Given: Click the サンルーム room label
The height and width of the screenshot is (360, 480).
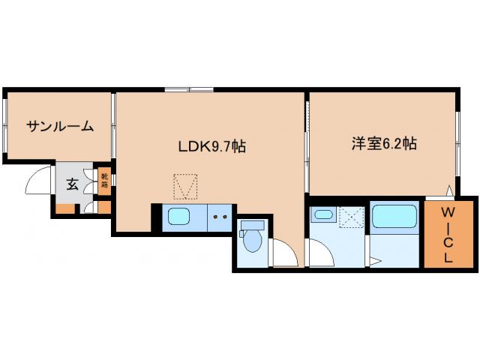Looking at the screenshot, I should coord(60,126).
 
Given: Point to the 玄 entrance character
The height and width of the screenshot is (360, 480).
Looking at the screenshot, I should coord(71,184).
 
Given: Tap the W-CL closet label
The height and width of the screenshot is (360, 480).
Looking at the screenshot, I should coord(448,235).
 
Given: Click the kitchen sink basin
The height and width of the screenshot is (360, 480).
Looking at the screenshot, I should coord(180,217).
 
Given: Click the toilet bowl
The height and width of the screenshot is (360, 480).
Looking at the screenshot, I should coord(252,241).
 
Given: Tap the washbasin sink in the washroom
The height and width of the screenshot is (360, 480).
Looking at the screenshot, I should coord(323,216).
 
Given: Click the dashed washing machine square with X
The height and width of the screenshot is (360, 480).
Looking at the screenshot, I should coord(349,217).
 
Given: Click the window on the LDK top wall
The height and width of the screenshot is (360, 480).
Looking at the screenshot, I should coord(189,91).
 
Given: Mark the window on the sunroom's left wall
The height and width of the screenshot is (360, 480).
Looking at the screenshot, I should coord(5,124).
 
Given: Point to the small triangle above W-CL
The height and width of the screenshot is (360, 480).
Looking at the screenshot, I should coord(448,190).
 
